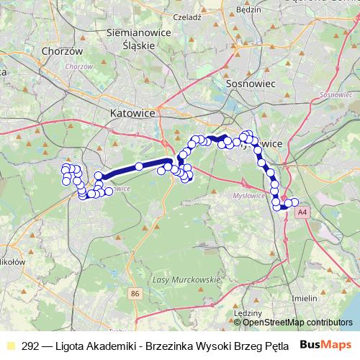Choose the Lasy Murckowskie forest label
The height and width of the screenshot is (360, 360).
[x=186, y=279]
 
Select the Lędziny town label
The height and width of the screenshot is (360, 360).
[x=251, y=313]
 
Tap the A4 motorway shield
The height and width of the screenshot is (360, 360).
[x=301, y=212]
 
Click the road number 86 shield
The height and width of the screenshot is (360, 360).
[x=135, y=294]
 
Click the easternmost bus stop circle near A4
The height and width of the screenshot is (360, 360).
[x=294, y=202]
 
